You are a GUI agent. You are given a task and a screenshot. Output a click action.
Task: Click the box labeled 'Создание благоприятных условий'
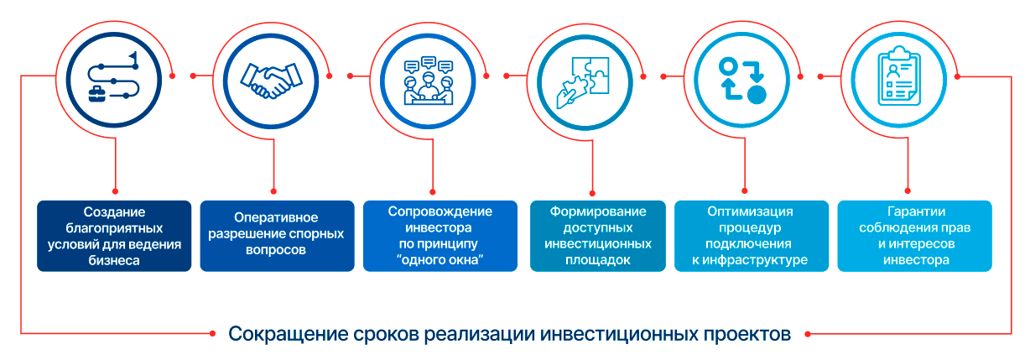click(113, 236)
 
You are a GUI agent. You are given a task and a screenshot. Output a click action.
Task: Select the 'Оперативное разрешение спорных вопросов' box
click(277, 236)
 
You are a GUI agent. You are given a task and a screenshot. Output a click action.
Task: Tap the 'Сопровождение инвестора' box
click(440, 236)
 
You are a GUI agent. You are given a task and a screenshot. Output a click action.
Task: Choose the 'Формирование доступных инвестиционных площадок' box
click(598, 236)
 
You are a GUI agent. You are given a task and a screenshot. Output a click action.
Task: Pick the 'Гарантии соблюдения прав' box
click(914, 236)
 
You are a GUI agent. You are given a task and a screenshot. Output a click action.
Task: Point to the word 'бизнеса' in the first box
click(112, 260)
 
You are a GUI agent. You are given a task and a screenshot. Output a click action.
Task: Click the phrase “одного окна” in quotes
click(440, 260)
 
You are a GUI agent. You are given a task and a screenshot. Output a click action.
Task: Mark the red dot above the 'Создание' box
click(115, 190)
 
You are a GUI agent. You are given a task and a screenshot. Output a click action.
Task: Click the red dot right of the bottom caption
click(807, 333)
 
